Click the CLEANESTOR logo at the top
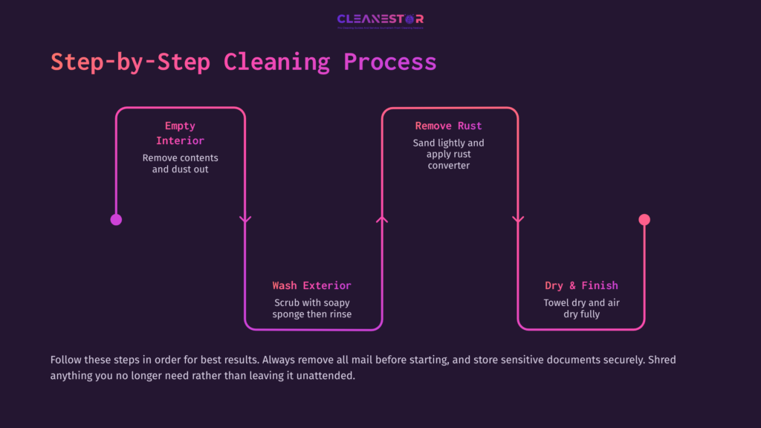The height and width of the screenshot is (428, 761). (380, 20)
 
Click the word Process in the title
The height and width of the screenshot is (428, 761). (389, 62)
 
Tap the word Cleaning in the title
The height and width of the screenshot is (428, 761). (276, 62)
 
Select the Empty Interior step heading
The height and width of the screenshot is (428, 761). (180, 133)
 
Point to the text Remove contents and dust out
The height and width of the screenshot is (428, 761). (180, 163)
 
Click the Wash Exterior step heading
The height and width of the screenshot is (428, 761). (311, 285)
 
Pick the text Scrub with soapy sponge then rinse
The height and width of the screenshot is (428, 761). (311, 308)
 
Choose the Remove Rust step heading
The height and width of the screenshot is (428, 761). (448, 126)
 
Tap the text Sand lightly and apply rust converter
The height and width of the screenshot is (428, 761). (448, 154)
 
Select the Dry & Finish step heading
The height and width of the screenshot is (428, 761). (581, 285)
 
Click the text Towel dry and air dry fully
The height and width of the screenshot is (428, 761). (581, 308)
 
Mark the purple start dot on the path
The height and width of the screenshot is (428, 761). (116, 219)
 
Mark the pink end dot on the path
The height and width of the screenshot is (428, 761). (644, 219)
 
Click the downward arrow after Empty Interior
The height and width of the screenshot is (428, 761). (245, 219)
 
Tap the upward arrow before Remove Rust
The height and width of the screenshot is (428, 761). (382, 219)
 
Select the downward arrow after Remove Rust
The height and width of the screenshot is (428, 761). (518, 219)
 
